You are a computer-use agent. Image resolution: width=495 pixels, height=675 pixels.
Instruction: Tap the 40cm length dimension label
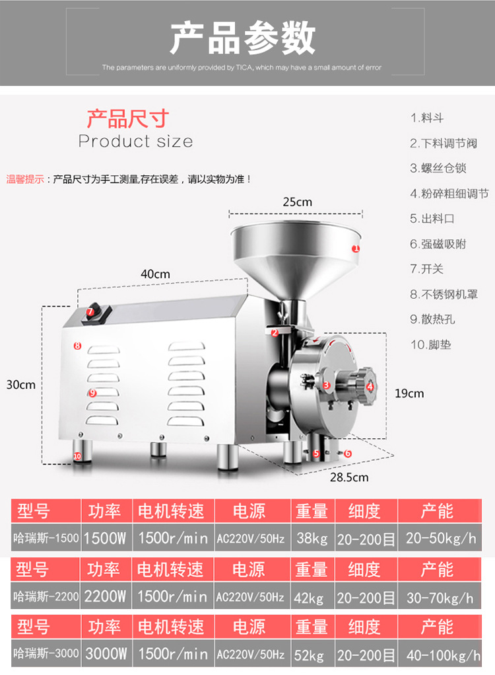click(155, 274)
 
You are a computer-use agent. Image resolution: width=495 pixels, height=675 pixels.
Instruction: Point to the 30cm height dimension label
click(20, 385)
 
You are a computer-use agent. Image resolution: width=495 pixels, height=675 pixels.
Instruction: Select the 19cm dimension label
click(409, 393)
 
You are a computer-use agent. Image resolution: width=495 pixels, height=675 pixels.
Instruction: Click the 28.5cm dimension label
click(348, 477)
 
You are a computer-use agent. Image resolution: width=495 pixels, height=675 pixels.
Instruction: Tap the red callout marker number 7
click(90, 311)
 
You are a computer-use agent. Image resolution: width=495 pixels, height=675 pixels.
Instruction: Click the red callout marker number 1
click(356, 249)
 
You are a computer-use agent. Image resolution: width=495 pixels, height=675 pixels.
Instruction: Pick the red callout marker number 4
click(370, 387)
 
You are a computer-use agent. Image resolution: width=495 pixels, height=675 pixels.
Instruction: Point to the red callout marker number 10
click(77, 456)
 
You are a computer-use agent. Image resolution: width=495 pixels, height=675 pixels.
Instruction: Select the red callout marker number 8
click(77, 345)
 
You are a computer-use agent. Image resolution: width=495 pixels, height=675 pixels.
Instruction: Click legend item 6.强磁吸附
click(438, 244)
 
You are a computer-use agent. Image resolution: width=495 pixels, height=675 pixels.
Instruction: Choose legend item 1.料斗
click(427, 118)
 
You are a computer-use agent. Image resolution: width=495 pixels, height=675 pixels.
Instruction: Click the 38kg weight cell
click(312, 538)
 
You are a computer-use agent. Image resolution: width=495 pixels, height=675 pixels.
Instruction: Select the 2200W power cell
click(105, 597)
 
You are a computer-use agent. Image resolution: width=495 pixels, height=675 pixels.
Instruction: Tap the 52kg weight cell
click(311, 655)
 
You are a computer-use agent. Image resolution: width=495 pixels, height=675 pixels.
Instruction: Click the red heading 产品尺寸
click(128, 119)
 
